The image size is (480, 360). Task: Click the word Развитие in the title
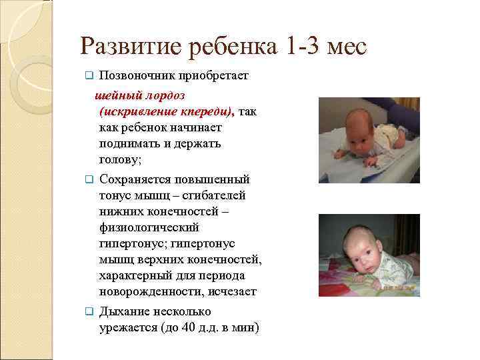pos(123,46)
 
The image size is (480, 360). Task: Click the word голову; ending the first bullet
pos(121,159)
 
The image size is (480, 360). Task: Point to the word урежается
pos(126,328)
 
